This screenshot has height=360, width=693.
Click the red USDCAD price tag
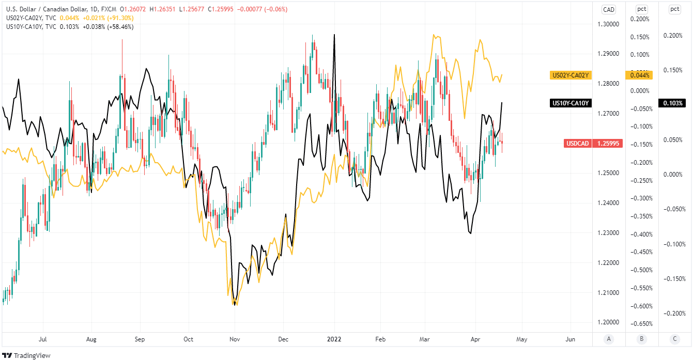[x=593, y=144]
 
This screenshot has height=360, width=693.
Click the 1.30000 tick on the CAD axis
[x=608, y=24]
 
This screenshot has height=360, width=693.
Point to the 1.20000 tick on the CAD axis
[x=608, y=322]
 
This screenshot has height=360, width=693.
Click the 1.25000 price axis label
[x=608, y=173]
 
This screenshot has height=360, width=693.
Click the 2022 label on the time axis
[x=334, y=339]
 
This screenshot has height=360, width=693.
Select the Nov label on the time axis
[x=235, y=339]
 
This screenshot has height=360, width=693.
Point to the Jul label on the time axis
[x=43, y=339]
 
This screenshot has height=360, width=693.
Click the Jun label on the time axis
[x=571, y=339]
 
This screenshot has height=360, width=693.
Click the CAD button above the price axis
[x=609, y=9]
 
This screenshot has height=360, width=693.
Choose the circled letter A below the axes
[x=609, y=339]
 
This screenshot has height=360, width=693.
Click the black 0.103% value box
[x=674, y=103]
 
